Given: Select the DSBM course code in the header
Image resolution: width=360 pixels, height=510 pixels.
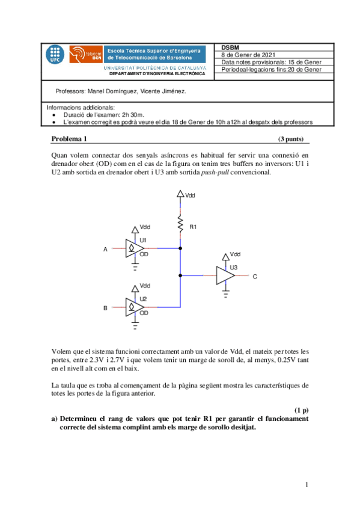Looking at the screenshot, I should pyautogui.click(x=230, y=48).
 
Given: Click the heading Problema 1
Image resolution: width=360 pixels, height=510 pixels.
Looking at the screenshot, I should pyautogui.click(x=69, y=139).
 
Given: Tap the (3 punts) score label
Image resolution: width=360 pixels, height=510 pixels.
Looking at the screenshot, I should pyautogui.click(x=291, y=139).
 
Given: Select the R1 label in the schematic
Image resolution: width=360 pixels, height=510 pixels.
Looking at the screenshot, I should pyautogui.click(x=193, y=227).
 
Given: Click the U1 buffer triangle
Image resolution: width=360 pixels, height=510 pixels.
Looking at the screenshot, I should pyautogui.click(x=132, y=248).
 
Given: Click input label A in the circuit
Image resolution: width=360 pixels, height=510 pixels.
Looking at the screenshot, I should pyautogui.click(x=105, y=249).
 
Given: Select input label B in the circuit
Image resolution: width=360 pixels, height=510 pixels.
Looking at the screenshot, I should pyautogui.click(x=105, y=307).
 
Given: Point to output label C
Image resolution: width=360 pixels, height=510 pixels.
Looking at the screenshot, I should pyautogui.click(x=255, y=277).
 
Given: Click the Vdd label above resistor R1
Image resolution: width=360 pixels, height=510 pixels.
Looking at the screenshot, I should pyautogui.click(x=190, y=195).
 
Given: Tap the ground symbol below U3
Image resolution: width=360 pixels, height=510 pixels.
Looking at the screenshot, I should pyautogui.click(x=225, y=294).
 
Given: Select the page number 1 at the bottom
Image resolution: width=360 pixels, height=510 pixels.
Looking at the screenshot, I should pyautogui.click(x=307, y=485).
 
